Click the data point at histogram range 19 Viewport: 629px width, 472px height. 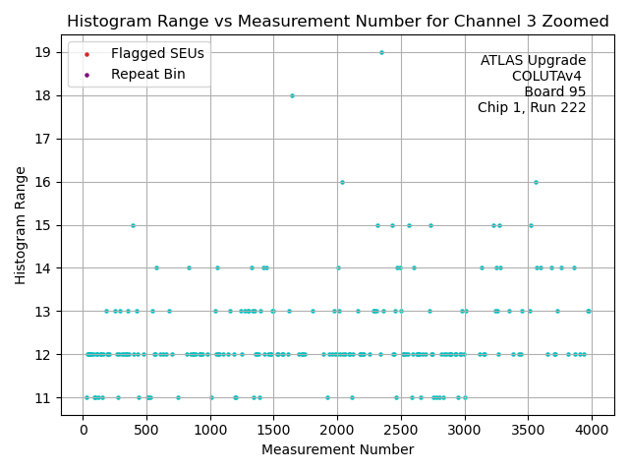[381, 52]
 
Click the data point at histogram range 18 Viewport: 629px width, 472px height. [292, 95]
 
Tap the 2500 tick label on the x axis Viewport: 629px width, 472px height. [401, 430]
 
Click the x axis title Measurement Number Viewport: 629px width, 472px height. [337, 450]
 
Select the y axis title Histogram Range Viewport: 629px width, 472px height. [20, 225]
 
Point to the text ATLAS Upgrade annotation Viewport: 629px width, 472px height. [533, 61]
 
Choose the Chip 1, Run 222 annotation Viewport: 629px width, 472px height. [532, 108]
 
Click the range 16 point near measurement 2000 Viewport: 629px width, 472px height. [342, 182]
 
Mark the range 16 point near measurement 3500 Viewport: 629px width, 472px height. [536, 182]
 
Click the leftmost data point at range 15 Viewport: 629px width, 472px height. [133, 225]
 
